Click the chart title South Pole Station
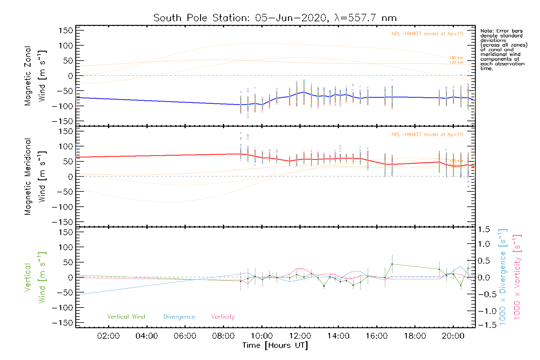[x=275, y=18]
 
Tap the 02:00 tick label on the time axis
[x=108, y=336]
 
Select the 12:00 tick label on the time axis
[x=300, y=336]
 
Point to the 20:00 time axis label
[x=453, y=336]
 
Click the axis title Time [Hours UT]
[x=275, y=345]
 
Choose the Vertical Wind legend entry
[x=126, y=316]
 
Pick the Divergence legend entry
[x=179, y=316]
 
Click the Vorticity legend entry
[x=223, y=316]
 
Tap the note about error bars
[x=503, y=49]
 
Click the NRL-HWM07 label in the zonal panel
[x=427, y=34]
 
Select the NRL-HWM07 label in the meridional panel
[x=427, y=134]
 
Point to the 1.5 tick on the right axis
[x=484, y=229]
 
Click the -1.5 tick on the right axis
[x=484, y=325]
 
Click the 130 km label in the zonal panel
[x=456, y=58]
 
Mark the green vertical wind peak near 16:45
[x=392, y=264]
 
